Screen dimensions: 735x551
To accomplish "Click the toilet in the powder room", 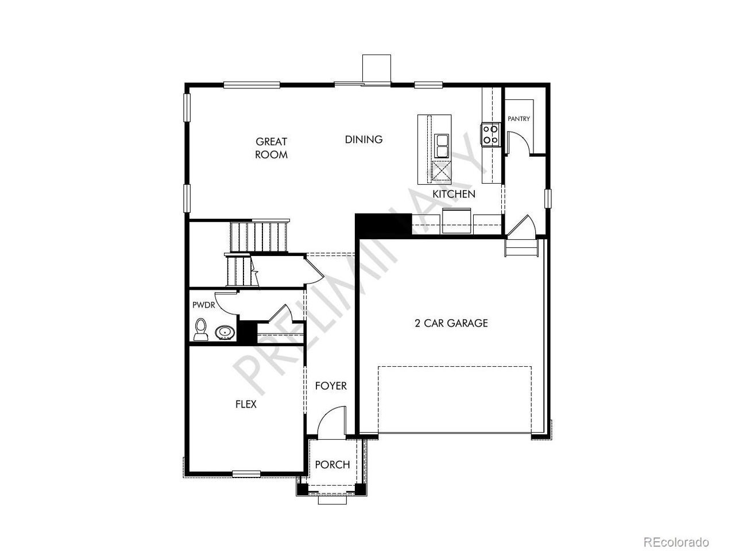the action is (x=200, y=329).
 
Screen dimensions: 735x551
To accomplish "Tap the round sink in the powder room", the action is (x=225, y=332).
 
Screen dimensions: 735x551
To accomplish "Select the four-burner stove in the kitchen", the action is (x=490, y=134).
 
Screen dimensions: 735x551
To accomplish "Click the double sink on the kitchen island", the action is (x=442, y=146).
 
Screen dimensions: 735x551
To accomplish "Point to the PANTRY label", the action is (x=519, y=119).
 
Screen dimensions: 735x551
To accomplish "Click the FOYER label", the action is (x=331, y=386).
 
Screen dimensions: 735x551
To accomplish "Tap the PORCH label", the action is (x=332, y=465).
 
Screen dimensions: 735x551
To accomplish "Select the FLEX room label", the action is (x=246, y=405).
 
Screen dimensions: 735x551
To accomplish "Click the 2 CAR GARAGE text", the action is (x=451, y=323).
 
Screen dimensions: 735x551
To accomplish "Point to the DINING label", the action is (x=363, y=139).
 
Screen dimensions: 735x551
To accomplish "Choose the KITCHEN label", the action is (x=454, y=194).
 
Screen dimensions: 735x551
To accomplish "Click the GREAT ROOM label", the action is (x=271, y=148).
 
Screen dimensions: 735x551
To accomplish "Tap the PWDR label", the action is (x=204, y=305).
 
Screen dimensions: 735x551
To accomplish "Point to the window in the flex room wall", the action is (x=246, y=474).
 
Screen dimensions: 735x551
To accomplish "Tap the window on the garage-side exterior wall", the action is (x=548, y=199).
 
